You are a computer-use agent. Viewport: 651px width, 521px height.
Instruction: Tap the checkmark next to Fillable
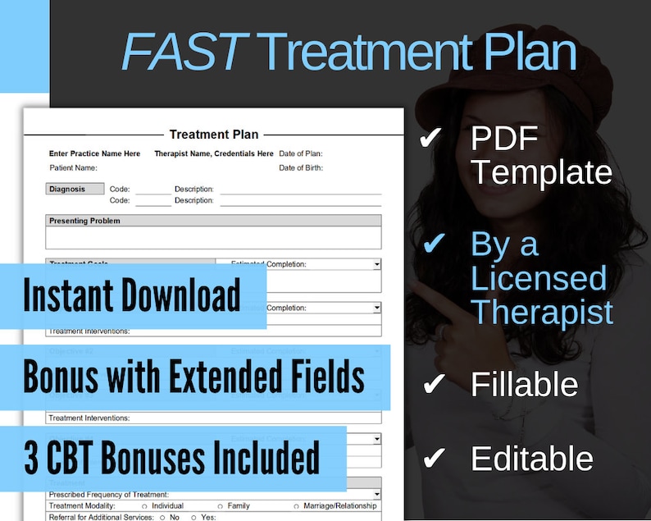click(432, 383)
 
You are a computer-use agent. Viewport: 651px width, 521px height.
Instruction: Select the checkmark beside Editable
click(432, 457)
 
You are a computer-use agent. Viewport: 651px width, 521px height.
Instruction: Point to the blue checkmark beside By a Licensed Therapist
click(432, 243)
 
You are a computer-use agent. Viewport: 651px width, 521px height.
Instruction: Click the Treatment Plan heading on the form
click(213, 135)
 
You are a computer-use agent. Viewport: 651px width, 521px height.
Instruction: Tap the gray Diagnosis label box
click(75, 189)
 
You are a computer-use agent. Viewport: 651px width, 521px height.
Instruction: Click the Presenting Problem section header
click(84, 221)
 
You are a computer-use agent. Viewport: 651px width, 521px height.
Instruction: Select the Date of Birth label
click(301, 168)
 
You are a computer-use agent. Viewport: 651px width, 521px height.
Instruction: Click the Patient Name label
click(73, 168)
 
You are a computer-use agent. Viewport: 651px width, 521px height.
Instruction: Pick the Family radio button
click(221, 506)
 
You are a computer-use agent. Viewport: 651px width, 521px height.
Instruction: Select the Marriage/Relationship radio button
click(296, 506)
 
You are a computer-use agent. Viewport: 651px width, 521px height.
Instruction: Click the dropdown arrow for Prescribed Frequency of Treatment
click(376, 494)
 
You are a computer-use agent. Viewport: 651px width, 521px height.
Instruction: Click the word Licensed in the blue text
click(538, 279)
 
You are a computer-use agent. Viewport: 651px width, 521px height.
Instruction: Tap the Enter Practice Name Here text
click(94, 153)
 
